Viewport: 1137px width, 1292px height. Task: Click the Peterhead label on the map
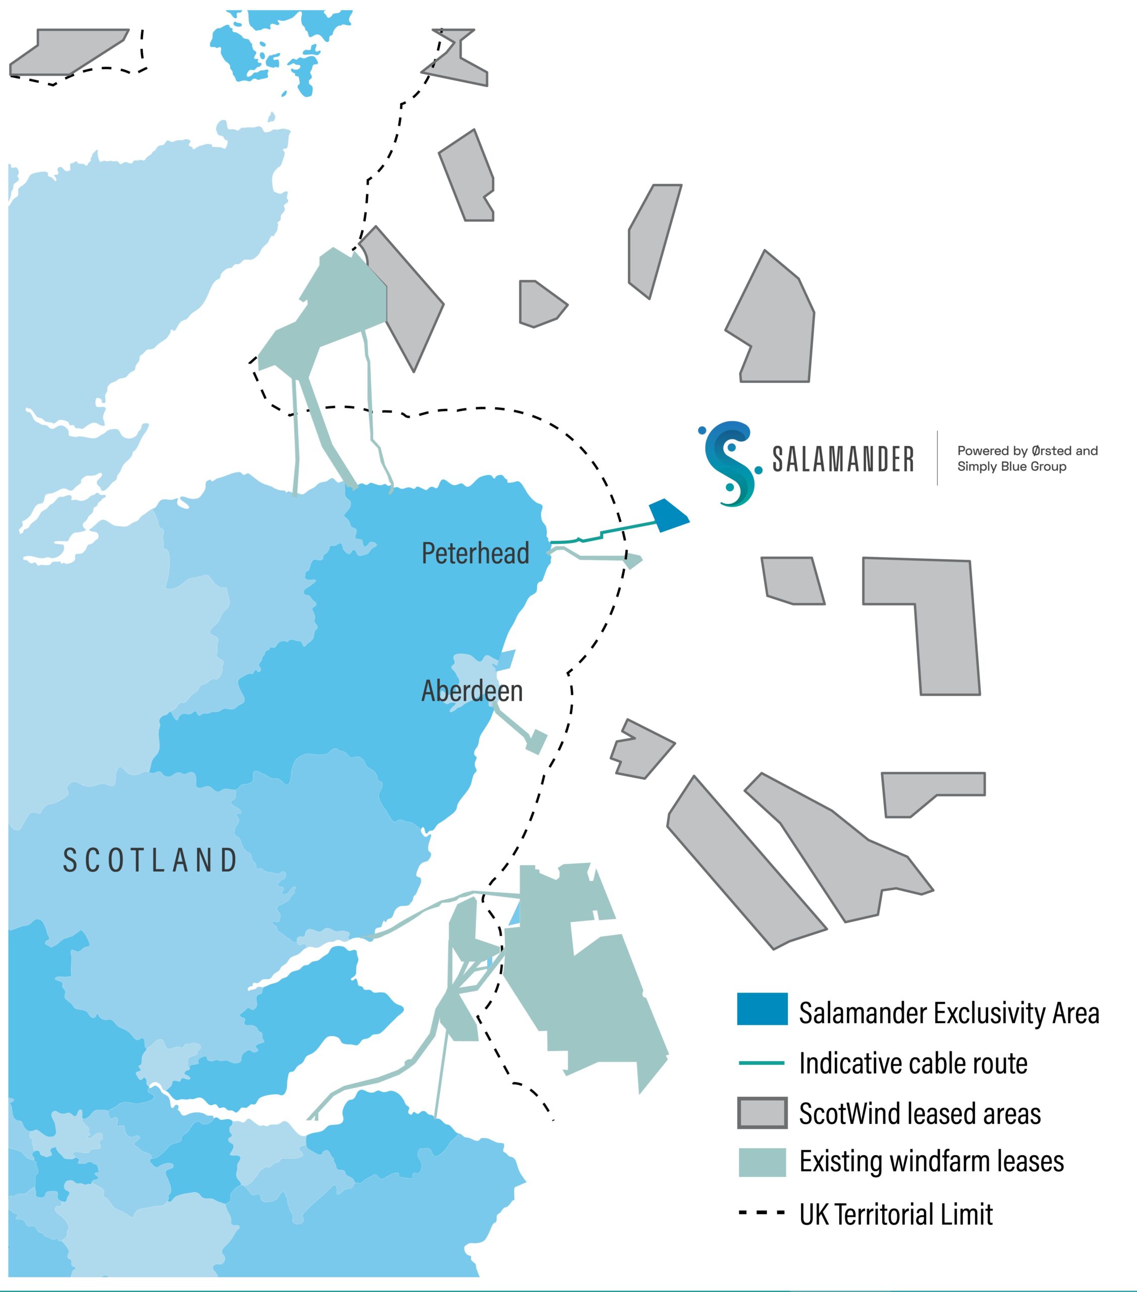click(475, 553)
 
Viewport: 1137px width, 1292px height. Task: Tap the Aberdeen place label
click(472, 691)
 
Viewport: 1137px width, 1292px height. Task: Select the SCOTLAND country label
click(150, 860)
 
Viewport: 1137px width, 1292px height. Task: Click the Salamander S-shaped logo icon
click(730, 463)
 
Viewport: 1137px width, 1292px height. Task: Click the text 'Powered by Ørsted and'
click(1027, 451)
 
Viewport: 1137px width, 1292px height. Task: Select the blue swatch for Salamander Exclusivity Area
click(762, 1009)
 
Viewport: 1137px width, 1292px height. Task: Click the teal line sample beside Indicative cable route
click(762, 1063)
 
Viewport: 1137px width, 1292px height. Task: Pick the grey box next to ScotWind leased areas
click(762, 1113)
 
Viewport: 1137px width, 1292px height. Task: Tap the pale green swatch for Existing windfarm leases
click(762, 1162)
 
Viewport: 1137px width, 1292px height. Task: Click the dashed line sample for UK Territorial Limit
click(762, 1212)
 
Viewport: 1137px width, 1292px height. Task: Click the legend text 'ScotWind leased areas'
click(919, 1113)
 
